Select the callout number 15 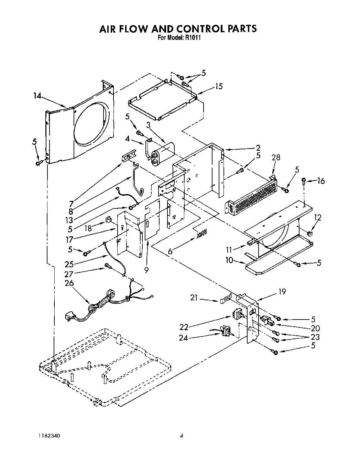(219, 86)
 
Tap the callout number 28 (276, 158)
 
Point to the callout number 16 (320, 181)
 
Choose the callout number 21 (194, 298)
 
